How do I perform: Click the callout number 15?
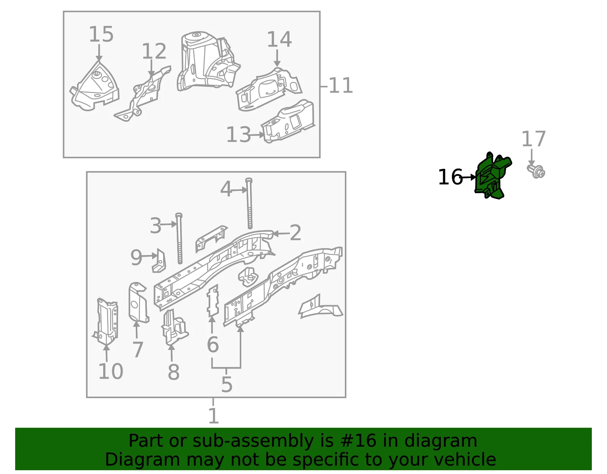[x=101, y=34]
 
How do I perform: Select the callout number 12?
[x=154, y=51]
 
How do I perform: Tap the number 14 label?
[x=279, y=39]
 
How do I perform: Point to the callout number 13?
[x=238, y=135]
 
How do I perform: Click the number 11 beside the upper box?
[x=341, y=85]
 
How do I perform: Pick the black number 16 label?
[x=450, y=177]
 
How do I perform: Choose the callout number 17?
[x=533, y=139]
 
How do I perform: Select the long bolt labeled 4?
[x=249, y=203]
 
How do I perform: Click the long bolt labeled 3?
[x=179, y=239]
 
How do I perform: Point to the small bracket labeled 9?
[x=159, y=261]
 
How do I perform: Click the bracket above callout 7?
[x=138, y=302]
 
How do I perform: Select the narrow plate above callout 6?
[x=213, y=301]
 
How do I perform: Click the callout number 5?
[x=226, y=384]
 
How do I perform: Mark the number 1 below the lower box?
[x=214, y=416]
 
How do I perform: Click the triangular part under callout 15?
[x=94, y=86]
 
